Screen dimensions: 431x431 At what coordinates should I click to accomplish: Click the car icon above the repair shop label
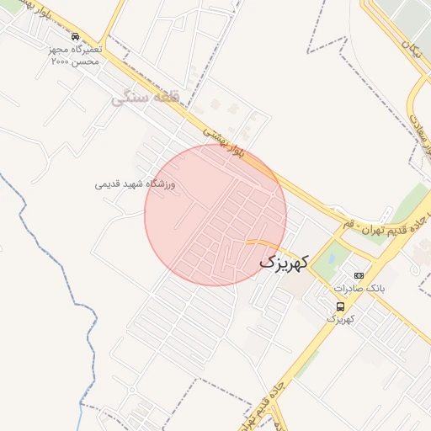(x=77, y=37)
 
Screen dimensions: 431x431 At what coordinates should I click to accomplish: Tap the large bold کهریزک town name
(x=285, y=262)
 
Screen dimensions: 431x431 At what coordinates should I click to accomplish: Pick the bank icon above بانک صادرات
(x=359, y=275)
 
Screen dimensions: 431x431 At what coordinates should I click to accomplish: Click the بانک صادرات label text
(x=360, y=288)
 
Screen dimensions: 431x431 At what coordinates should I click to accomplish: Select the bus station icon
(x=340, y=306)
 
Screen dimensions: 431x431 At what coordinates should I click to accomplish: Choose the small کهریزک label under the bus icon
(x=340, y=320)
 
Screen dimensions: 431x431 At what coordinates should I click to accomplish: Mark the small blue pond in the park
(x=331, y=259)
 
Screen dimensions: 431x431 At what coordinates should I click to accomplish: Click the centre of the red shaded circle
(x=215, y=215)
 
